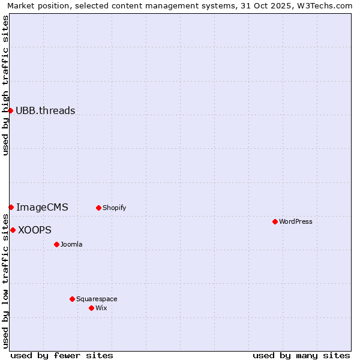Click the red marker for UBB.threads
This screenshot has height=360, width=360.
pyautogui.click(x=10, y=110)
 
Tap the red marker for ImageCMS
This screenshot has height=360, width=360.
pyautogui.click(x=11, y=207)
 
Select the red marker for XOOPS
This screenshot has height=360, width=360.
pyautogui.click(x=13, y=230)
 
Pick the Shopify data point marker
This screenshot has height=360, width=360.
pyautogui.click(x=98, y=208)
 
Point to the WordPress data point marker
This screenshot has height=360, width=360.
pyautogui.click(x=275, y=221)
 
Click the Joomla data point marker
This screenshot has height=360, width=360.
pyautogui.click(x=56, y=244)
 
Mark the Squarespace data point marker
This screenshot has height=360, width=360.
pyautogui.click(x=72, y=299)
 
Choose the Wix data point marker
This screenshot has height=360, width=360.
pyautogui.click(x=91, y=308)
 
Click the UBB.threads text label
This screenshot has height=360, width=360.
pyautogui.click(x=46, y=110)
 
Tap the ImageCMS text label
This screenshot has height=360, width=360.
pyautogui.click(x=42, y=208)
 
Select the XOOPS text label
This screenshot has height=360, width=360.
pyautogui.click(x=35, y=230)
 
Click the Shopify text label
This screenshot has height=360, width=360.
pyautogui.click(x=114, y=208)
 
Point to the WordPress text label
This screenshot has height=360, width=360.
pyautogui.click(x=296, y=221)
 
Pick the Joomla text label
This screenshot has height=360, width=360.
pyautogui.click(x=71, y=244)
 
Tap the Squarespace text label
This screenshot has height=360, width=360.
pyautogui.click(x=97, y=299)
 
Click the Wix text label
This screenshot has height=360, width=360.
pyautogui.click(x=101, y=308)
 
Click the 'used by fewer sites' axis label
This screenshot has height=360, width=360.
pyautogui.click(x=62, y=355)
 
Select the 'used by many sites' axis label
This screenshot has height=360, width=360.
pyautogui.click(x=301, y=355)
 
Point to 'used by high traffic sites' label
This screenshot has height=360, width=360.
pyautogui.click(x=5, y=85)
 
